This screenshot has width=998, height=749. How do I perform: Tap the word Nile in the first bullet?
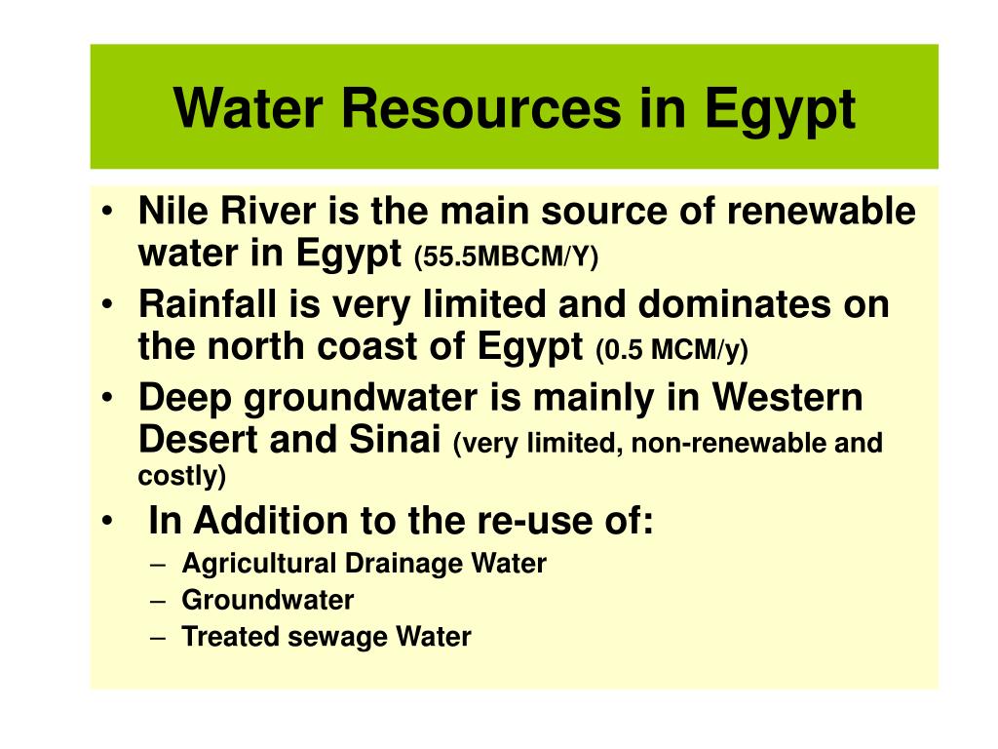[x=171, y=212]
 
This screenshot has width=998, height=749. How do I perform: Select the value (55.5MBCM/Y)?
[x=507, y=257]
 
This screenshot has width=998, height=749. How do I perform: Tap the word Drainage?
[x=390, y=564]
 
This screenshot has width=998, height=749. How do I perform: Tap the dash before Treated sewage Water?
[x=160, y=638]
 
